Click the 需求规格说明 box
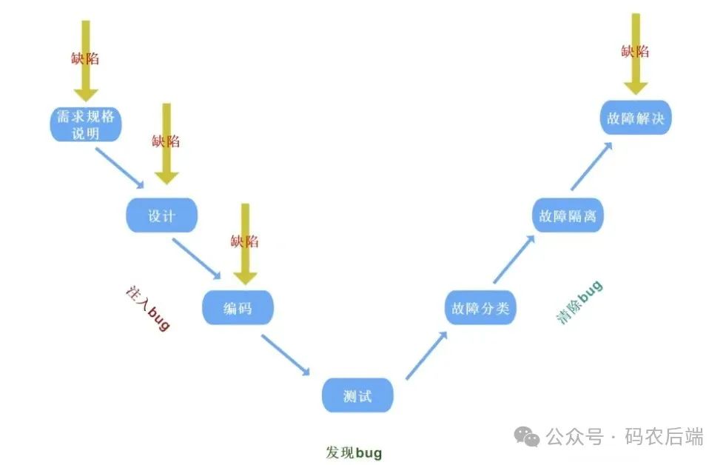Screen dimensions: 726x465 click(86, 124)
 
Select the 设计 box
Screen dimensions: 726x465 click(161, 215)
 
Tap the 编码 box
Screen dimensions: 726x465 click(238, 307)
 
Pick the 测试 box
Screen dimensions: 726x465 click(357, 396)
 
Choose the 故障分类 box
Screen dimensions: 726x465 click(480, 308)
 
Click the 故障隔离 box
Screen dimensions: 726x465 click(568, 215)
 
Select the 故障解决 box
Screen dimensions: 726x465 click(635, 118)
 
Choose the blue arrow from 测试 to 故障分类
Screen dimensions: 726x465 click(428, 355)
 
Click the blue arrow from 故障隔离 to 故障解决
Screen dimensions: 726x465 click(591, 167)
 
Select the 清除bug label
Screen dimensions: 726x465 click(579, 301)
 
